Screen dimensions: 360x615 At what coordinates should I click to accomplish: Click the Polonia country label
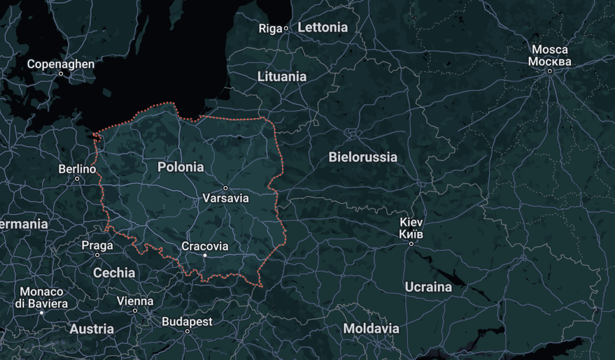click(x=180, y=167)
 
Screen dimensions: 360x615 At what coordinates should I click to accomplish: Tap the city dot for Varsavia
click(x=225, y=188)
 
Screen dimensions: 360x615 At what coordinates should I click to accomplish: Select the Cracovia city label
click(x=205, y=246)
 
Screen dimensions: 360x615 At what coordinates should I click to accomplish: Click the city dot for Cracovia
click(x=205, y=255)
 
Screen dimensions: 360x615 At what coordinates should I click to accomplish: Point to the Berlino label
click(x=77, y=169)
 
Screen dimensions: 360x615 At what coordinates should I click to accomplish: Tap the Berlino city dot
click(x=77, y=179)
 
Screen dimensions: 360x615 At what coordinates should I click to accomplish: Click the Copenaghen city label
click(x=61, y=64)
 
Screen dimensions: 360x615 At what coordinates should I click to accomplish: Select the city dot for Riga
click(x=286, y=28)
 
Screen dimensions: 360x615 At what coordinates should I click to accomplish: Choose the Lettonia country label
click(x=323, y=27)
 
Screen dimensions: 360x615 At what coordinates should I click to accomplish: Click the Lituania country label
click(x=282, y=77)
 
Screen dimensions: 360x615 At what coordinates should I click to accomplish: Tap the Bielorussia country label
click(x=363, y=157)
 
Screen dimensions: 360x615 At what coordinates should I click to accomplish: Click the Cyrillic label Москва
click(x=549, y=61)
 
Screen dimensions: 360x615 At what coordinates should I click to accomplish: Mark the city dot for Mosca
click(x=549, y=71)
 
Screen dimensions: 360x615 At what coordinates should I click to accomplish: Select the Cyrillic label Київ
click(x=411, y=234)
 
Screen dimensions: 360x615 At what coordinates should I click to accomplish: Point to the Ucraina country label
click(x=428, y=287)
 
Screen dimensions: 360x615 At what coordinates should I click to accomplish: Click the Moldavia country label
click(x=371, y=329)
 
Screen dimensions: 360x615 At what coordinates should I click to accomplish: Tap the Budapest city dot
click(x=187, y=331)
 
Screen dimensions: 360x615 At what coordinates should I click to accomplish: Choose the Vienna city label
click(x=135, y=301)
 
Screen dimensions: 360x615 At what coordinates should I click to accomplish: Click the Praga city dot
click(x=97, y=255)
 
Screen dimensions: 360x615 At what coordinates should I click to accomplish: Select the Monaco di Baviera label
click(x=42, y=297)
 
